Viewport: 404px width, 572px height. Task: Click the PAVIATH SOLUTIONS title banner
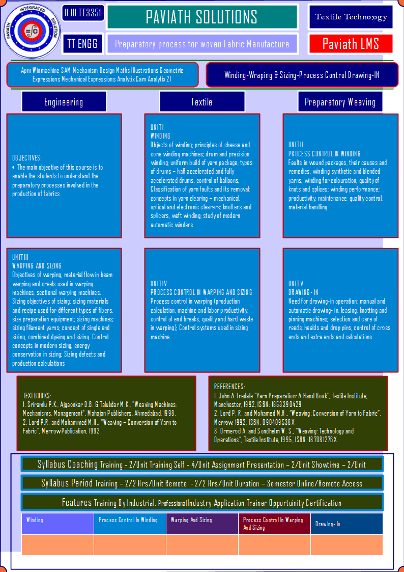coord(202,17)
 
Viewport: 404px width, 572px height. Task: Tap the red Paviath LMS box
coord(351,44)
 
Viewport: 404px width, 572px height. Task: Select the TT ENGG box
coord(83,44)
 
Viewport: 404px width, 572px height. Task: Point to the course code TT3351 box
coord(83,13)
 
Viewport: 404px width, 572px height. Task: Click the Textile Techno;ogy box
coord(351,17)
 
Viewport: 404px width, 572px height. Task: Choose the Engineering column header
coord(64,102)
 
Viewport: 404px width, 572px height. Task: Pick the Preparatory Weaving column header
coord(340,102)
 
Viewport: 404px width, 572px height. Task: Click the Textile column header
coord(202,102)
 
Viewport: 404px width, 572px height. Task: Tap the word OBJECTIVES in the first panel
coord(27,158)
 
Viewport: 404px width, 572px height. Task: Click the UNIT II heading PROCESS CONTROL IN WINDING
coord(324,153)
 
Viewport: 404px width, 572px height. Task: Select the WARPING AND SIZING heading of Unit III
coord(37,265)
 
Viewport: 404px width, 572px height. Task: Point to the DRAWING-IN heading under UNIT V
coord(303,292)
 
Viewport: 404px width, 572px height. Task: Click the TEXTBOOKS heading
coord(37,396)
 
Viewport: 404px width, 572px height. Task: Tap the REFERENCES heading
coord(229,386)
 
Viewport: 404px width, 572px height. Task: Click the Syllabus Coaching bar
coord(202,465)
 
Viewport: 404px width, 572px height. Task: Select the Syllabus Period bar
coord(202,483)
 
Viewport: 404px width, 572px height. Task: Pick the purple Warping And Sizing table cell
coord(202,524)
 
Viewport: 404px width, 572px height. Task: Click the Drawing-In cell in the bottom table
coord(347,524)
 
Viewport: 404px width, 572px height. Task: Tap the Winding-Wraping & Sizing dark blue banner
coord(302,75)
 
